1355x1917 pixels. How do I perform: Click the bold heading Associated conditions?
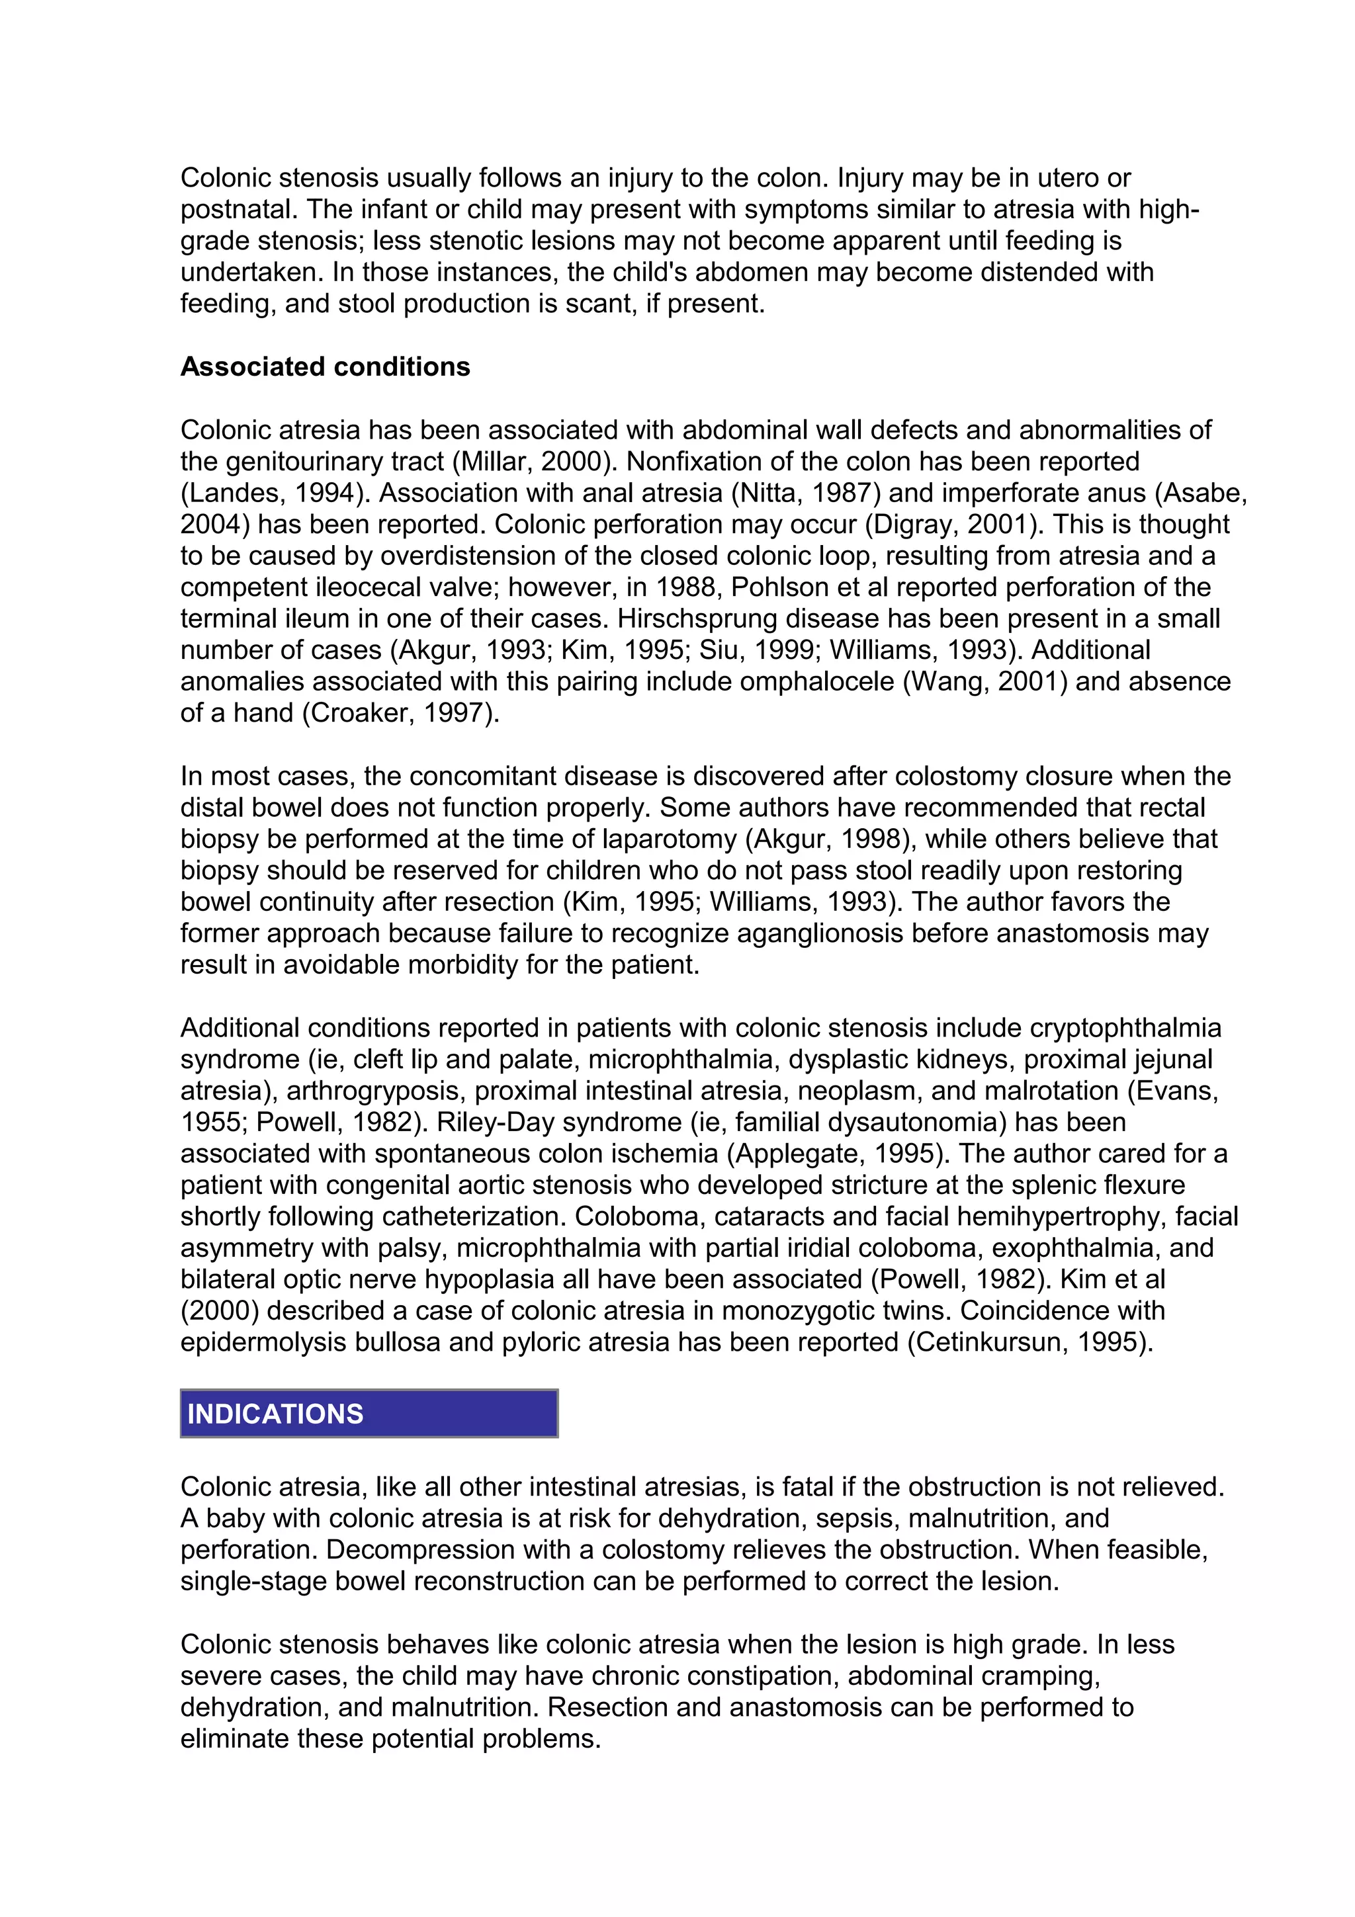tap(325, 366)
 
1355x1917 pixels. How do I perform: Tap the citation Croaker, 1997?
tap(396, 713)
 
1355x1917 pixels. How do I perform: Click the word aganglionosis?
tap(820, 933)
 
